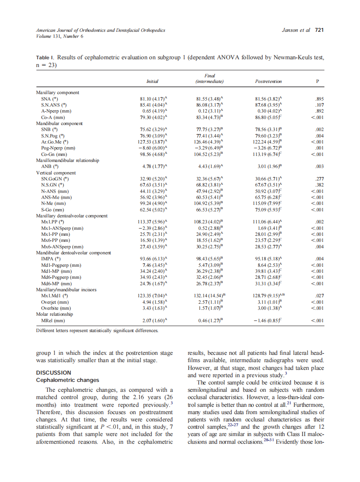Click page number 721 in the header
pos(319,31)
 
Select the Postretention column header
pos(268,81)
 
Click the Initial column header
pos(153,81)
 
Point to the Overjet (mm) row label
pos(54,302)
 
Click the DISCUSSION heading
pos(54,372)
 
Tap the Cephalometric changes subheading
pos(67,380)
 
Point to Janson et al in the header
pos(296,31)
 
